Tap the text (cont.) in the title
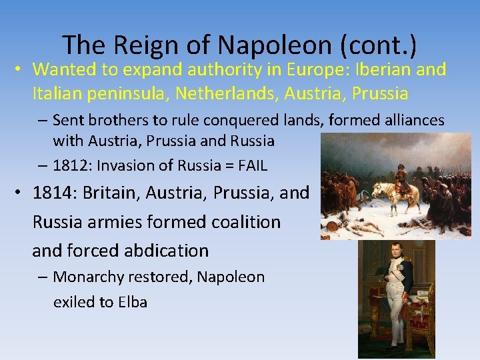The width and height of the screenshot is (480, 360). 378,45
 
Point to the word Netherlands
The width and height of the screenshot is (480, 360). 227,93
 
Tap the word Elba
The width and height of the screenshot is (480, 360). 133,302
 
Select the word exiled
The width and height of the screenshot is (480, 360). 74,302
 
